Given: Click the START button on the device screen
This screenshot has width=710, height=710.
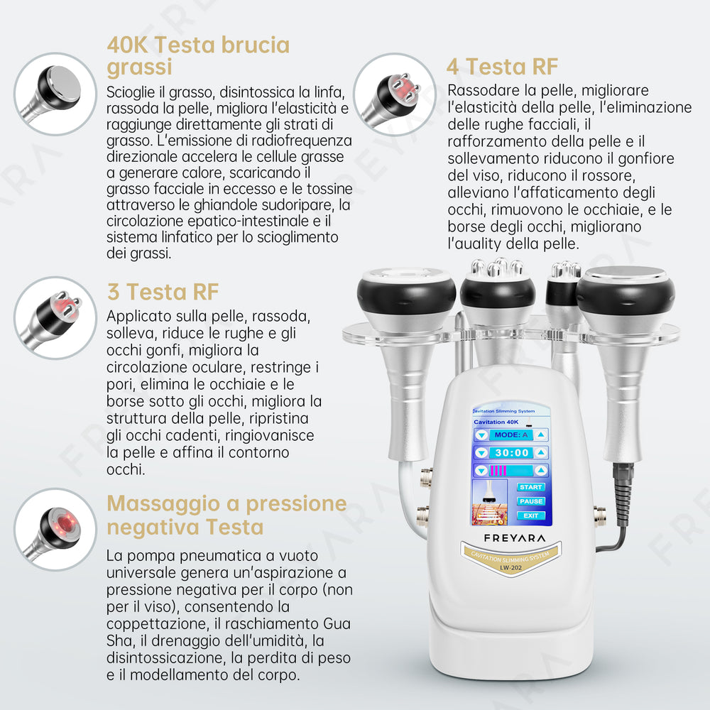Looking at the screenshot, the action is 530,487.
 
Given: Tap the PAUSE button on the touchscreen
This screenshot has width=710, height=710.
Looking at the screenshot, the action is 530,501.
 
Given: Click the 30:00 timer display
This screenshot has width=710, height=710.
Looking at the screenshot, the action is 512,453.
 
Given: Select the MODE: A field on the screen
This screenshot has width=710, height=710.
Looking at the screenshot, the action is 511,435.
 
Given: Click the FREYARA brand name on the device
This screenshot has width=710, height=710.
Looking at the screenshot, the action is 514,538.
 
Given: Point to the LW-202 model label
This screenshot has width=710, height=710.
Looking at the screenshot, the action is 510,568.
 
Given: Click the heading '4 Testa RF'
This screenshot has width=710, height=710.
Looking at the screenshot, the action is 502,67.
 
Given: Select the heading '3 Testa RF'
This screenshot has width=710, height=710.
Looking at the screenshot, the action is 163,292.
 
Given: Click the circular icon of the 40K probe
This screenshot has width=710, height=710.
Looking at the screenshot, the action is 55,94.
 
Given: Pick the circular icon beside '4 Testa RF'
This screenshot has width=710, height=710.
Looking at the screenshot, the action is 394,94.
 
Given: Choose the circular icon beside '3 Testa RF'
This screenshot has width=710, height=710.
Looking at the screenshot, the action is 55,318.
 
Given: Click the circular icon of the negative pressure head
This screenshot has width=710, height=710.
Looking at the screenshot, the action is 55,529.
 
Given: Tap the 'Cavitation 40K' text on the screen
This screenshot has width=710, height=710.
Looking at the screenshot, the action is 496,422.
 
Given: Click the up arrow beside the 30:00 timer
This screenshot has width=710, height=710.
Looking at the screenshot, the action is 541,453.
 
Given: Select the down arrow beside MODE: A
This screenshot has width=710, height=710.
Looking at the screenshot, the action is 481,435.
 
